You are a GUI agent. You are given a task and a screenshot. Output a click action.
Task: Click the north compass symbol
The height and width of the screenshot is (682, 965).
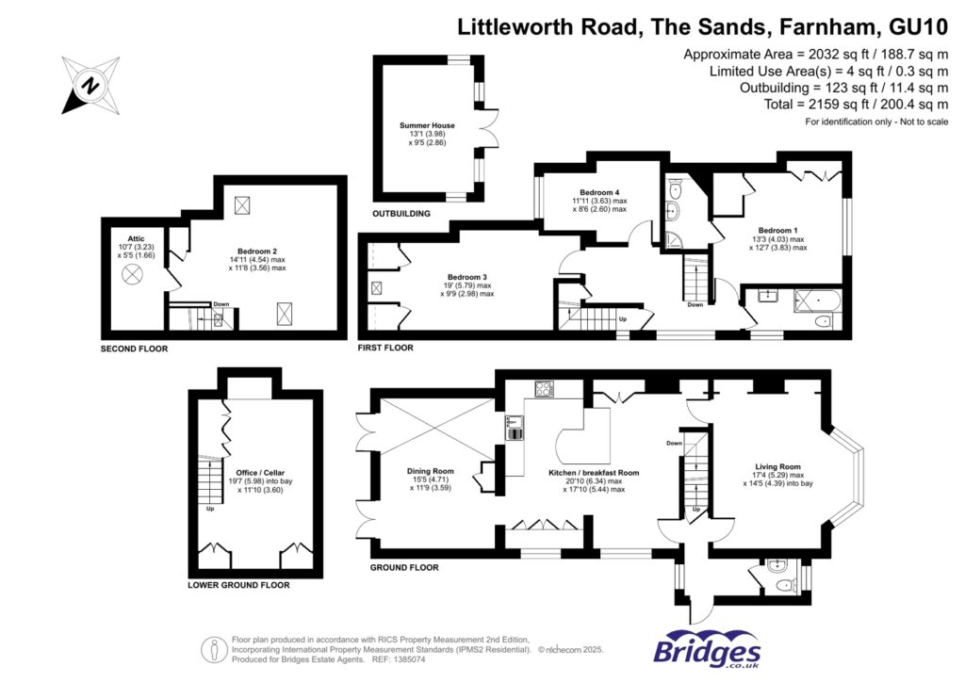point(90,86)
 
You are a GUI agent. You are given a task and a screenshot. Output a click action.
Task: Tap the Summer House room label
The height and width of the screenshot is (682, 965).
point(427,125)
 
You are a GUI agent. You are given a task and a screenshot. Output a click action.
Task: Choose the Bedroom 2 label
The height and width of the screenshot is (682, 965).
point(257,251)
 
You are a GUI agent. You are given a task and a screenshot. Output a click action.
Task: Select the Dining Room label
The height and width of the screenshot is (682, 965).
point(431,471)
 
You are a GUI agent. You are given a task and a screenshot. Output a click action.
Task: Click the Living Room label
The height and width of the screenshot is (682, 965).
point(777,466)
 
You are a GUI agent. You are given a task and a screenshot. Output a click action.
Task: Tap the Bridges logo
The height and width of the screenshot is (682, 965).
point(707,651)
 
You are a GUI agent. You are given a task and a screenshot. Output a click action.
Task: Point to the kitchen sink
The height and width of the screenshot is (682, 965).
point(515,432)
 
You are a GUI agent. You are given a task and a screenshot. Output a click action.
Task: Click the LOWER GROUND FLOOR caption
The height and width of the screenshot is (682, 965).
point(238,585)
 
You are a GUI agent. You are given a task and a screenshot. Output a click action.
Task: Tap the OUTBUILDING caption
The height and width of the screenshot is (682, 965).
point(401,214)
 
